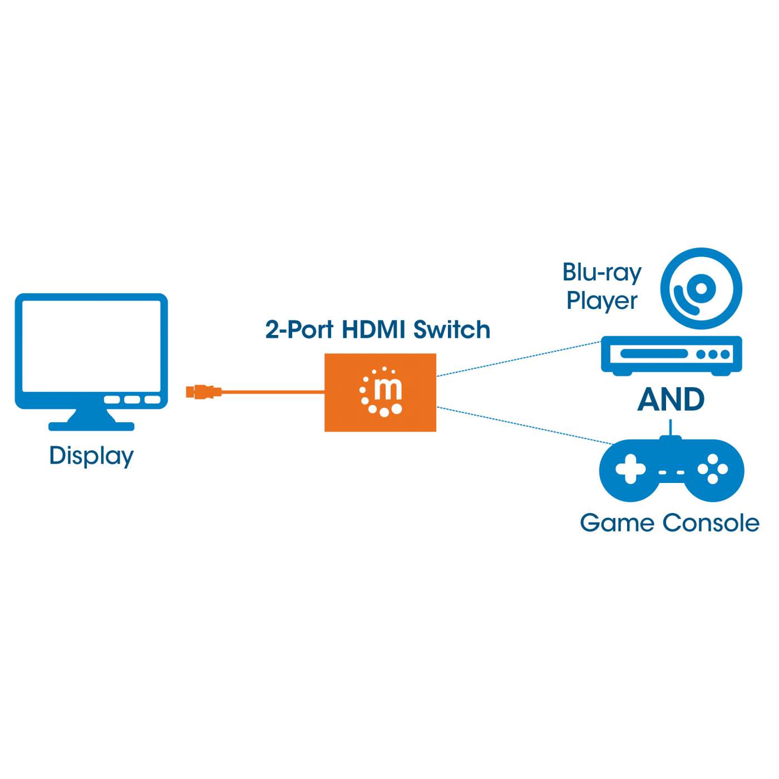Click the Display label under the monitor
[x=91, y=456]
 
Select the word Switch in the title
[x=452, y=329]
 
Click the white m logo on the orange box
[x=381, y=392]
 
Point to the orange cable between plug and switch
[x=273, y=392]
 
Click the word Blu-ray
[x=601, y=273]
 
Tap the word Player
[x=601, y=300]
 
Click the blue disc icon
[x=701, y=289]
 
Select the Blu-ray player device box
[x=671, y=354]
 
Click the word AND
[x=670, y=399]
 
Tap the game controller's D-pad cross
[x=629, y=469]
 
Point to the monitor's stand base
[x=91, y=426]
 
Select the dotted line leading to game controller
[x=523, y=425]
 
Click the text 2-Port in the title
[x=299, y=329]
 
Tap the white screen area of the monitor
[x=91, y=345]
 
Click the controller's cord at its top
[x=670, y=427]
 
